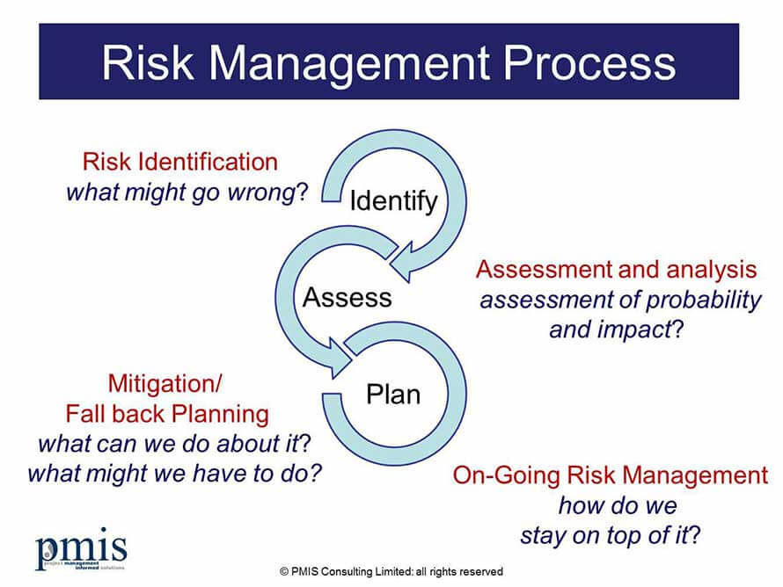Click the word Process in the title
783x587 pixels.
[589, 63]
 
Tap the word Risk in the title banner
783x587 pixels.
[148, 63]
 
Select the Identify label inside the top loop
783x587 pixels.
[393, 202]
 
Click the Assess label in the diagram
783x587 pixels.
[347, 297]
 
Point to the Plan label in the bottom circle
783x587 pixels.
[393, 394]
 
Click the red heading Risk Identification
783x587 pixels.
[179, 162]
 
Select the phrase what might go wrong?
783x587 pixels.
[187, 192]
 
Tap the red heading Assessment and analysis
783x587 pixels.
[616, 270]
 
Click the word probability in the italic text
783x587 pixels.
[703, 301]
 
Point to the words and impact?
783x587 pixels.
[616, 330]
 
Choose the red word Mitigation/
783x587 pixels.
[165, 384]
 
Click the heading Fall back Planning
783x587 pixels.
[167, 414]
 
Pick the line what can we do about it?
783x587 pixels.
[175, 444]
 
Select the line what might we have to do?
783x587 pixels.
[175, 474]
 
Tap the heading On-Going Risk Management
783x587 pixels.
[611, 475]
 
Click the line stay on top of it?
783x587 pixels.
[611, 536]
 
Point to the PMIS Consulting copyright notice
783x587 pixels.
[391, 571]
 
